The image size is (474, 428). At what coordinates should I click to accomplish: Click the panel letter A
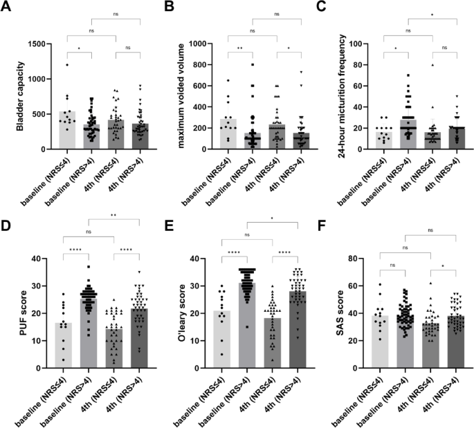pos(6,6)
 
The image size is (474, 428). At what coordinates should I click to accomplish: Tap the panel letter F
pos(322,225)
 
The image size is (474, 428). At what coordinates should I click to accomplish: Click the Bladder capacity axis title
pos(20,96)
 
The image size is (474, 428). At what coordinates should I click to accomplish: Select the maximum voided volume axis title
pos(181,96)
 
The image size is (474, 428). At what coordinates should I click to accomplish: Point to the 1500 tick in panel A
pos(37,44)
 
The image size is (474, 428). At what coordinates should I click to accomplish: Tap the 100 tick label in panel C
pos(356,44)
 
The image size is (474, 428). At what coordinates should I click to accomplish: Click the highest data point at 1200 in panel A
pos(67,64)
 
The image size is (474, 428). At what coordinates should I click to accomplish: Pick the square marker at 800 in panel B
pos(253,64)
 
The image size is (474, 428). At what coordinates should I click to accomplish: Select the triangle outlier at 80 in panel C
pos(432,65)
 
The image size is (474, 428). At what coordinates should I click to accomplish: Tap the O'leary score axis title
pos(182,313)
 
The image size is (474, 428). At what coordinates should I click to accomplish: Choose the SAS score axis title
pos(340,313)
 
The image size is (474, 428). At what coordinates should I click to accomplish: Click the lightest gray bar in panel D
pos(64,345)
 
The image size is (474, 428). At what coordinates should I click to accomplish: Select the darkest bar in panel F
pos(456,342)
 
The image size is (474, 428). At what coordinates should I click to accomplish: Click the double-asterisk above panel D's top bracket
pos(113,215)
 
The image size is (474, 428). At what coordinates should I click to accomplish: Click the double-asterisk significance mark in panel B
pos(240,48)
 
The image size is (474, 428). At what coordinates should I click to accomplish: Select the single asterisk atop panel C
pos(432,15)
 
